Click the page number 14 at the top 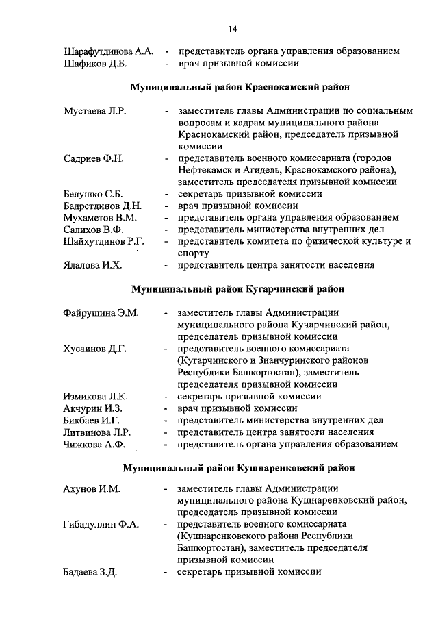pos(233,28)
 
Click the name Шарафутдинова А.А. pos(108,51)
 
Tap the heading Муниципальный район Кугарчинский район pos(238,288)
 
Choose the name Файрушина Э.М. pos(101,312)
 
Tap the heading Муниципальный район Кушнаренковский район pos(239,469)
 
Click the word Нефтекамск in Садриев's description pos(205,171)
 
